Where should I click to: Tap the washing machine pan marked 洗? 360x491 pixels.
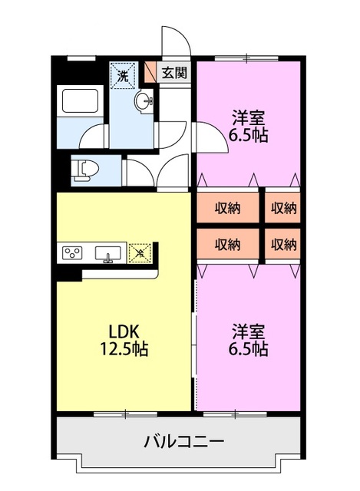[123, 75]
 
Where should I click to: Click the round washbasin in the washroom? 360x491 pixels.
[144, 103]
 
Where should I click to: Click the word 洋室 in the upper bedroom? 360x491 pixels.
[249, 118]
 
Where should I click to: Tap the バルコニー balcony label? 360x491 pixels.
[183, 443]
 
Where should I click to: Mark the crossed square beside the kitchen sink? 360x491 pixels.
[140, 252]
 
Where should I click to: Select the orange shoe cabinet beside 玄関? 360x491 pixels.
[150, 73]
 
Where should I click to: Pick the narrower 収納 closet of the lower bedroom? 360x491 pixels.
[283, 245]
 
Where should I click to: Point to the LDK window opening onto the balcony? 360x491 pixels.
[123, 414]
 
